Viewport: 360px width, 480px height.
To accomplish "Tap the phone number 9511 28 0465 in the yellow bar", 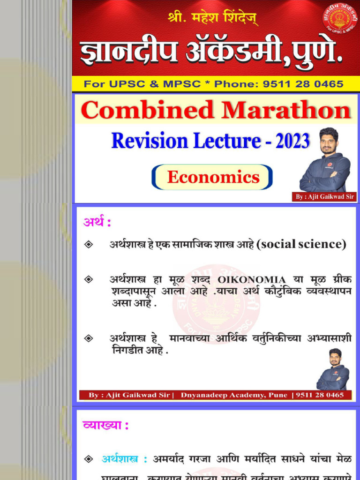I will pyautogui.click(x=303, y=84).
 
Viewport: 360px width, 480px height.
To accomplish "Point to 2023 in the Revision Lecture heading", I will pyautogui.click(x=292, y=141).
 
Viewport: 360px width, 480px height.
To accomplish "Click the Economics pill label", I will pyautogui.click(x=213, y=177).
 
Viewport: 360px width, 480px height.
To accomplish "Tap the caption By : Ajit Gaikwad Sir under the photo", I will pyautogui.click(x=324, y=197).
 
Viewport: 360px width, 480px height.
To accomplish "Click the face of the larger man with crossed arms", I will pyautogui.click(x=329, y=141).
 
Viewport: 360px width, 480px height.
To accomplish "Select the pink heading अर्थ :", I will pyautogui.click(x=97, y=223).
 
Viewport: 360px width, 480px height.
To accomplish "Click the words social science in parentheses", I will pyautogui.click(x=302, y=244).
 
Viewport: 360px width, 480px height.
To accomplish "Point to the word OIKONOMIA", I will pyautogui.click(x=252, y=280).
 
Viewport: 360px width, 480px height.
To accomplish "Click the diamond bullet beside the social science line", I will pyautogui.click(x=89, y=245).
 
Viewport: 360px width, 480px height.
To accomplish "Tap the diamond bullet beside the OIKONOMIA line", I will pyautogui.click(x=89, y=280).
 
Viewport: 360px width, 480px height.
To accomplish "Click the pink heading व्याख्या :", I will pyautogui.click(x=105, y=426).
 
